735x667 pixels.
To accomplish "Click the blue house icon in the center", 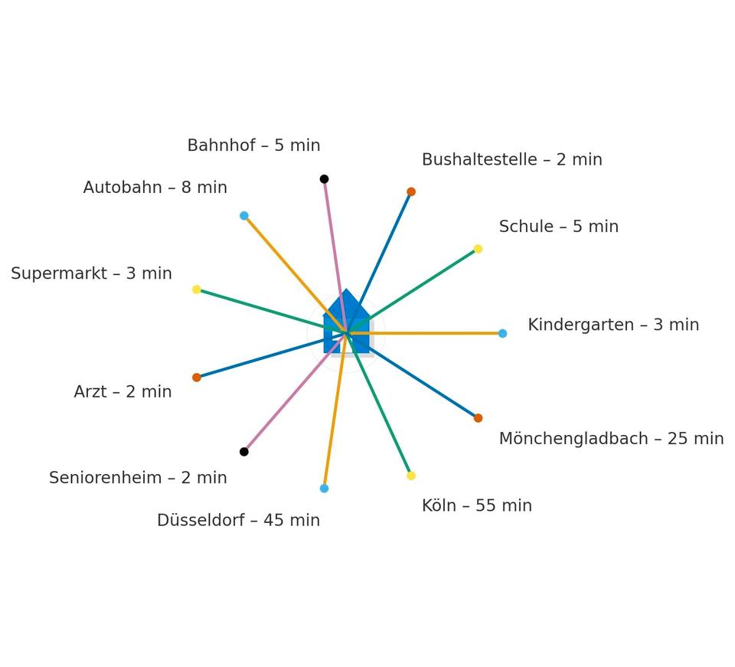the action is pos(347,325).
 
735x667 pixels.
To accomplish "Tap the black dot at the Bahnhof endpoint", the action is pos(324,179).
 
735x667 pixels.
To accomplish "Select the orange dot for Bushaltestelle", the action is pos(411,191).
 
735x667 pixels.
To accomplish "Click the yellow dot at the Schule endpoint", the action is pos(478,249).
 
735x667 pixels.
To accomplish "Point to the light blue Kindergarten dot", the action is pos(502,333).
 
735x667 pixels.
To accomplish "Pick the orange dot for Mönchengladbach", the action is pos(478,418).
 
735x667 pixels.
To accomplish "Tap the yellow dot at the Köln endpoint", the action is pos(411,476).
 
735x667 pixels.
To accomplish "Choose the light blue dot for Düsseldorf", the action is pos(324,489).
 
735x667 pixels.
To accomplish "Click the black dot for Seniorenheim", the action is pos(244,452).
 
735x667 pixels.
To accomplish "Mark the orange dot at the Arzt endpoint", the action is pos(197,378).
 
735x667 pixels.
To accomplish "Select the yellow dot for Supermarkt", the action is pos(197,289).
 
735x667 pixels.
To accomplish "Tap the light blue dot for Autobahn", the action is pos(244,216).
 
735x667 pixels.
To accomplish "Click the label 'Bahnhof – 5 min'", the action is pos(253,145).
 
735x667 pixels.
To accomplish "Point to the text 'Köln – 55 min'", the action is pos(476,505).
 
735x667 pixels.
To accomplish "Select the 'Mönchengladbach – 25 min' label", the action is pos(611,439).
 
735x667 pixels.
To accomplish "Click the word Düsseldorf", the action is pos(200,521).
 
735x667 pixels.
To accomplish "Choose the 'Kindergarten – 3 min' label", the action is pos(613,325).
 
